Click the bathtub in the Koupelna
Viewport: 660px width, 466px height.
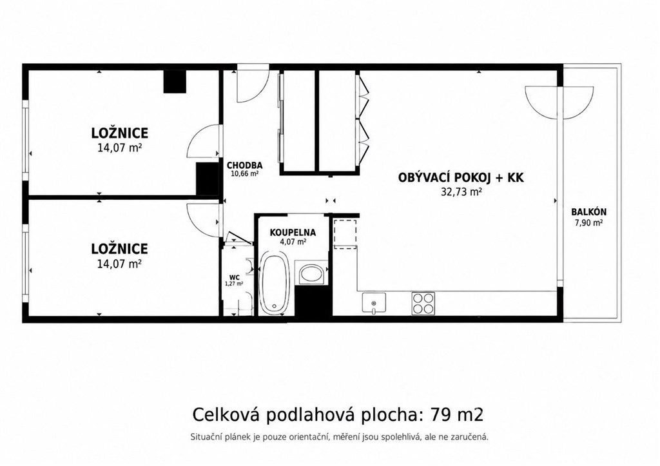tap(275, 284)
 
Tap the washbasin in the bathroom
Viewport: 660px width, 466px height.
tap(311, 274)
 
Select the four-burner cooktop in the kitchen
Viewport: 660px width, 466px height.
tap(423, 303)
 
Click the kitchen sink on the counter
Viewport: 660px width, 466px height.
tap(374, 303)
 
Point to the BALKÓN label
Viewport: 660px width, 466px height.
tap(588, 213)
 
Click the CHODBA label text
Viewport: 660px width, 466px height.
tap(244, 166)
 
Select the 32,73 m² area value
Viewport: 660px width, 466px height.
tap(461, 192)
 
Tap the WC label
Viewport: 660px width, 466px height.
tap(235, 277)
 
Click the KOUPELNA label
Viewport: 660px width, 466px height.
tap(293, 233)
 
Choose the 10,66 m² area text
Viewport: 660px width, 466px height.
tap(244, 173)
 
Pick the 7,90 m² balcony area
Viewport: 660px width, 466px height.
tap(588, 223)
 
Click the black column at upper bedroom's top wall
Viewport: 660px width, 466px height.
tap(175, 81)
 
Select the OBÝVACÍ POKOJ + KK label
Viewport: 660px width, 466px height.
tap(461, 178)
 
